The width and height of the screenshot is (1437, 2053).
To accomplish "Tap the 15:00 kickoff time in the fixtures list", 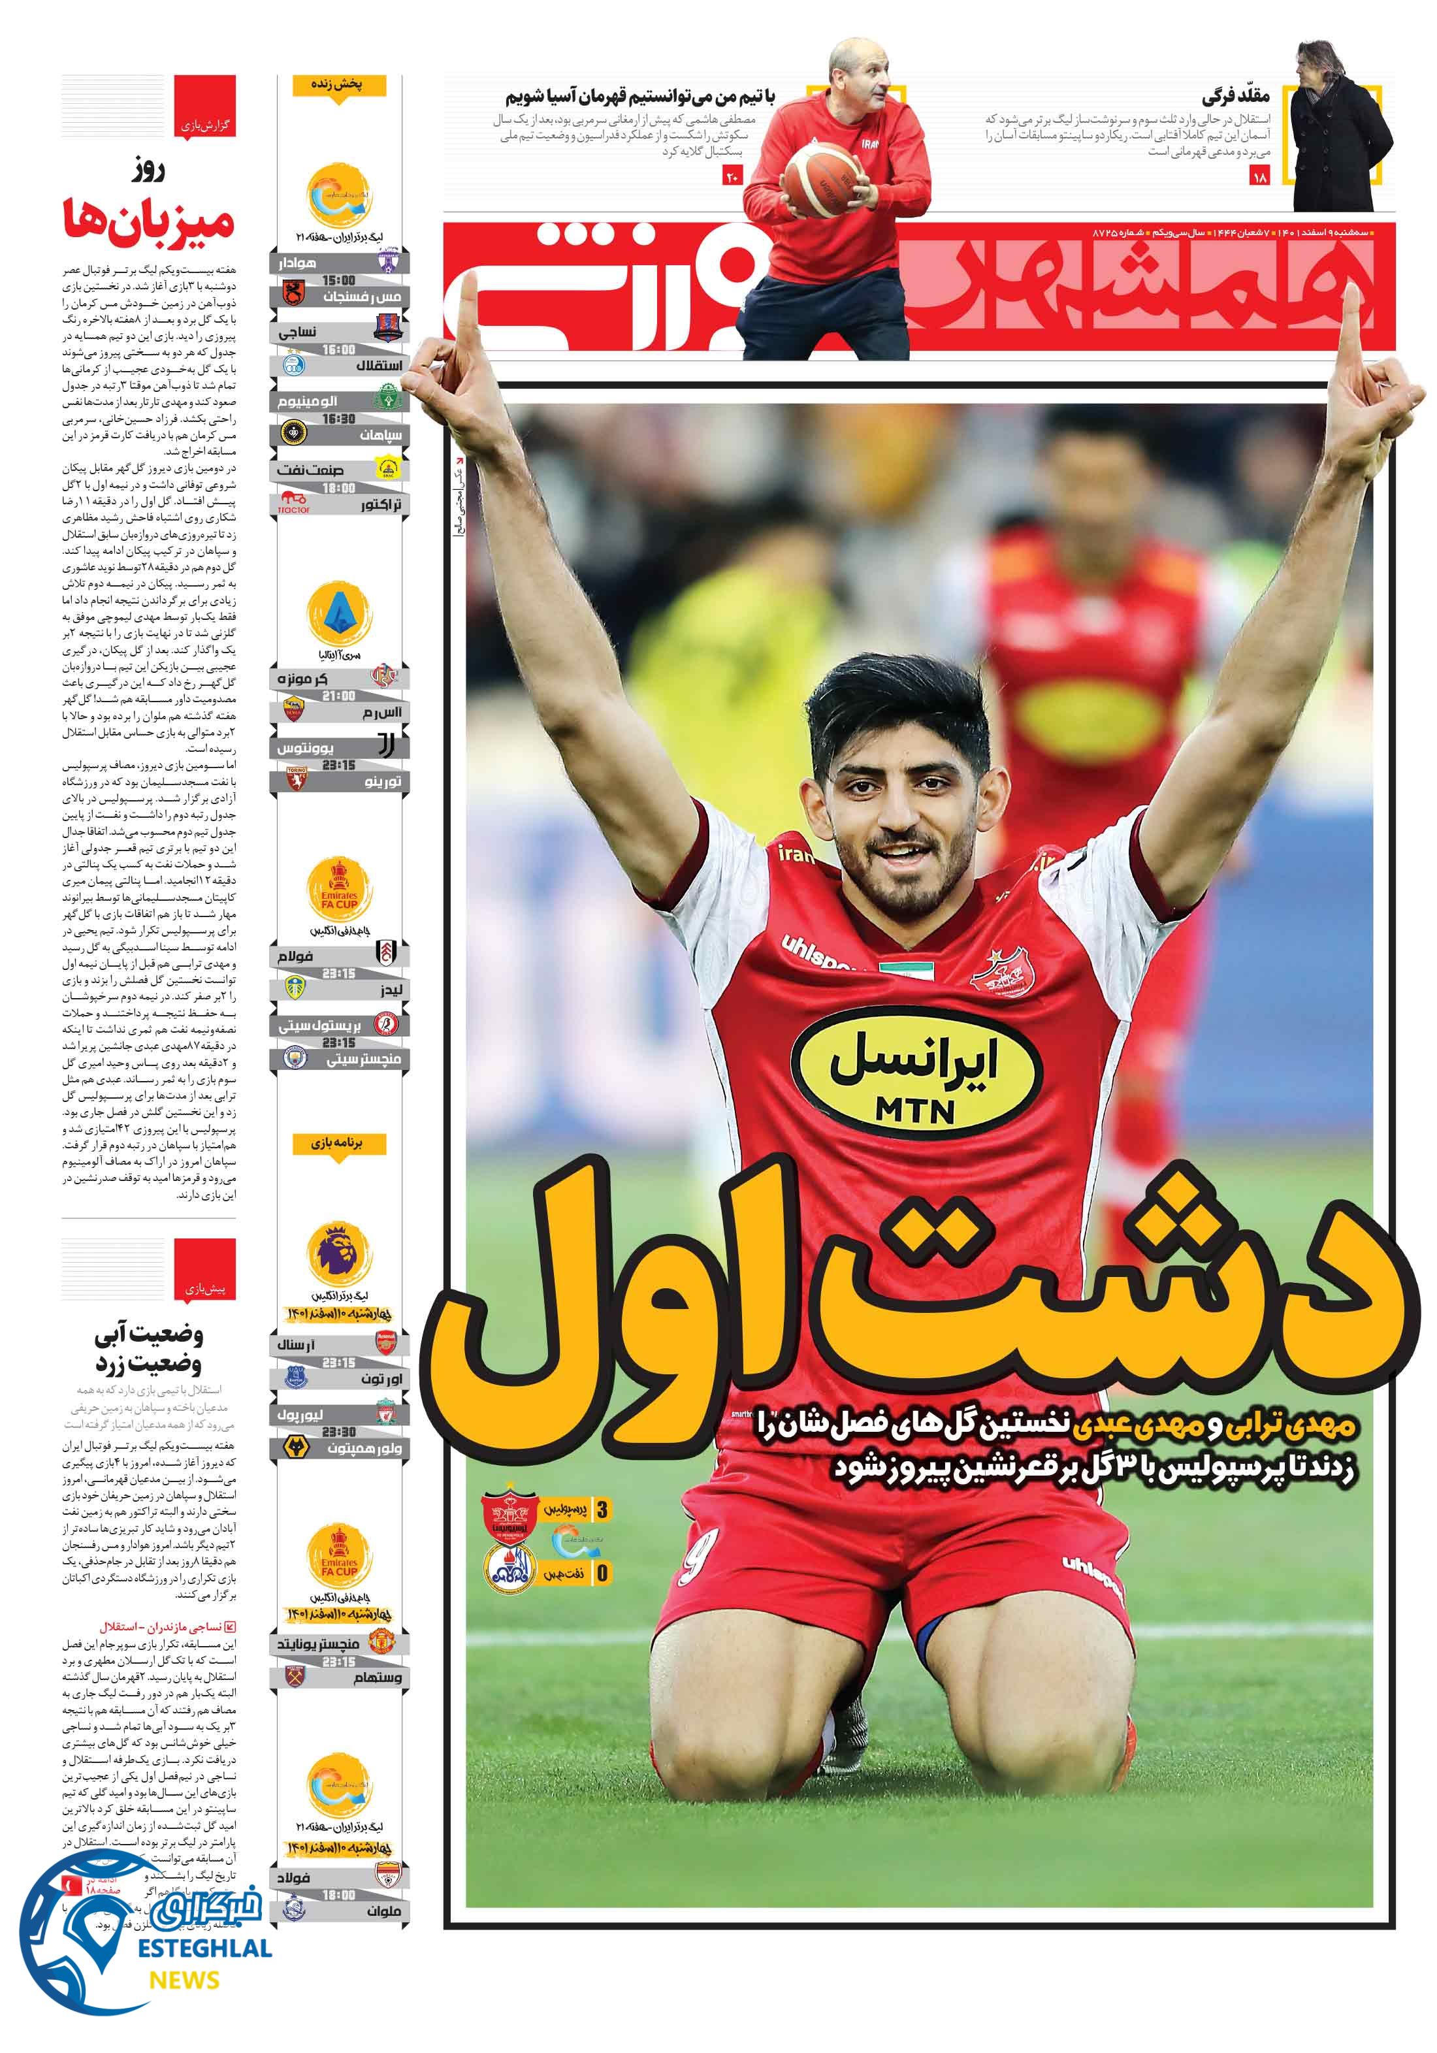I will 339,280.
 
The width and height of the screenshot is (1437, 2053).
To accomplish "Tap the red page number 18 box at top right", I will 1260,177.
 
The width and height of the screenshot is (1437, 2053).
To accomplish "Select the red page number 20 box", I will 732,177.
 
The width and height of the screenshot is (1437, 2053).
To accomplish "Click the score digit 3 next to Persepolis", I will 602,1510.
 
